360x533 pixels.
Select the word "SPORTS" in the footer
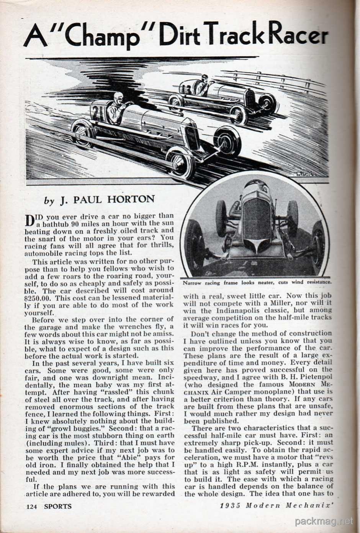[57, 506]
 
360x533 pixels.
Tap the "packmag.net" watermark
[324, 521]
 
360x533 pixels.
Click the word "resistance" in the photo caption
[319, 282]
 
